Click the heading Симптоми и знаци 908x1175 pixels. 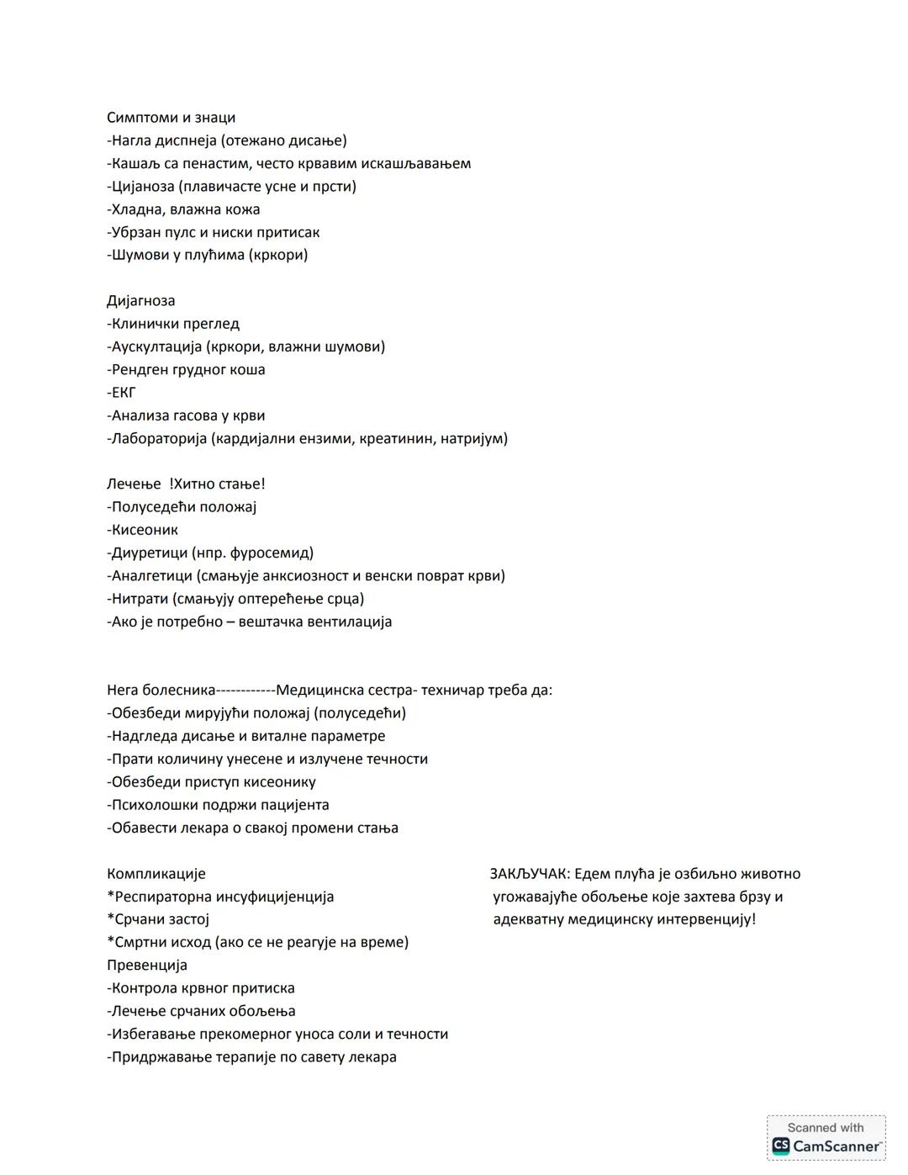coord(171,118)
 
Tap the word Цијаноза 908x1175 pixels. coord(143,187)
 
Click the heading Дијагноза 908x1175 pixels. coord(141,301)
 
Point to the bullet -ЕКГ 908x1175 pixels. coord(122,393)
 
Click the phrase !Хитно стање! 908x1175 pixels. coord(217,484)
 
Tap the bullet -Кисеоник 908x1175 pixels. coord(143,530)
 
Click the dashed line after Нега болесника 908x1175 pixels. coord(245,691)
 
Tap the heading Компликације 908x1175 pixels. coord(156,874)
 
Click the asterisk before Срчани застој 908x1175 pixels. coord(110,918)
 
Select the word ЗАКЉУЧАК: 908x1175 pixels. coord(530,874)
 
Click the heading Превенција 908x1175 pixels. coord(147,966)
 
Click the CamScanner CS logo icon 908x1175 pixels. coord(781,1146)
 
